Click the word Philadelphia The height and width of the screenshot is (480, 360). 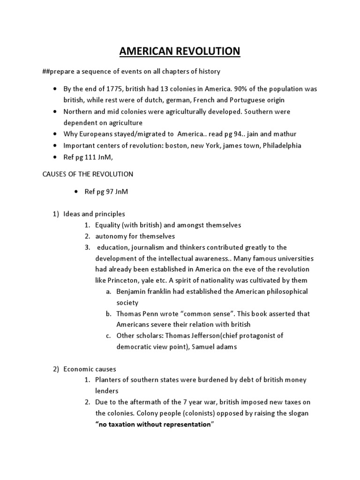pos(282,145)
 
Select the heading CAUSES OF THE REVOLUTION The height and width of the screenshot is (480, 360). pos(88,174)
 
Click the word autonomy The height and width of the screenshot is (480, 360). pos(109,236)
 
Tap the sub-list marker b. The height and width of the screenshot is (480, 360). pos(108,314)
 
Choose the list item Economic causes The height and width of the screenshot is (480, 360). pos(90,369)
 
